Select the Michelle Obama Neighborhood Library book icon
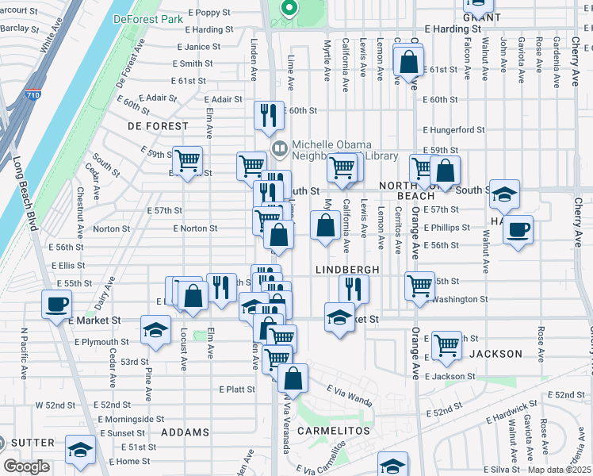[x=279, y=148]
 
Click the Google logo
[x=26, y=466]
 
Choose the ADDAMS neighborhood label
[x=185, y=432]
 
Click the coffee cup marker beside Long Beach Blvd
[x=56, y=304]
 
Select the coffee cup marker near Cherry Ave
[x=518, y=230]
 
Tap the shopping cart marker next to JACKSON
[x=447, y=344]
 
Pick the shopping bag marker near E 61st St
[x=408, y=62]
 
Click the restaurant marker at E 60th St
[x=269, y=115]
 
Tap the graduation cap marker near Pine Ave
[x=155, y=329]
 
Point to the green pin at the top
[x=289, y=9]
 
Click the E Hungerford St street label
[x=453, y=129]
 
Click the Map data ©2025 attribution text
[x=558, y=470]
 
